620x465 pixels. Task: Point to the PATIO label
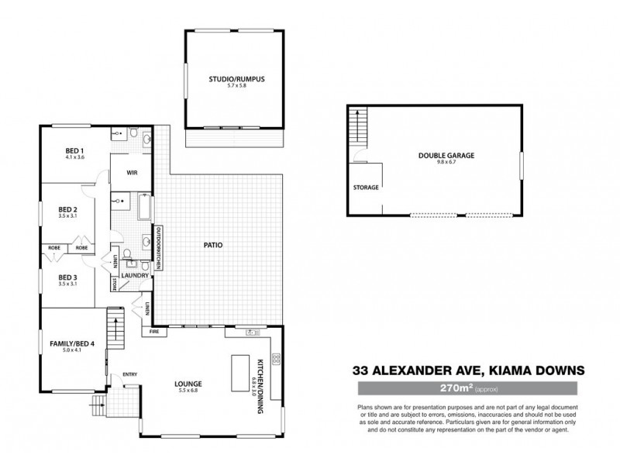[214, 245]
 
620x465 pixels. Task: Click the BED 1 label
[74, 150]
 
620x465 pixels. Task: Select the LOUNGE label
[188, 384]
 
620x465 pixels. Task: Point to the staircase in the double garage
[358, 124]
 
